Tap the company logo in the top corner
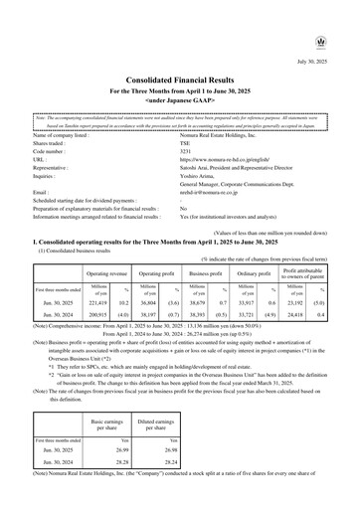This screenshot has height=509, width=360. [344, 14]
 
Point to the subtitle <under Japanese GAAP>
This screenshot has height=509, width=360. [180, 74]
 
